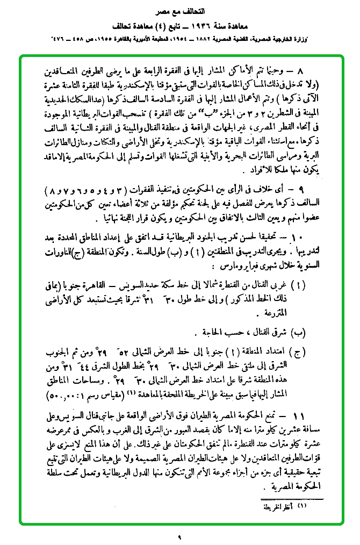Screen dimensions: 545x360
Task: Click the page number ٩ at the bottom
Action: tap(180, 535)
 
